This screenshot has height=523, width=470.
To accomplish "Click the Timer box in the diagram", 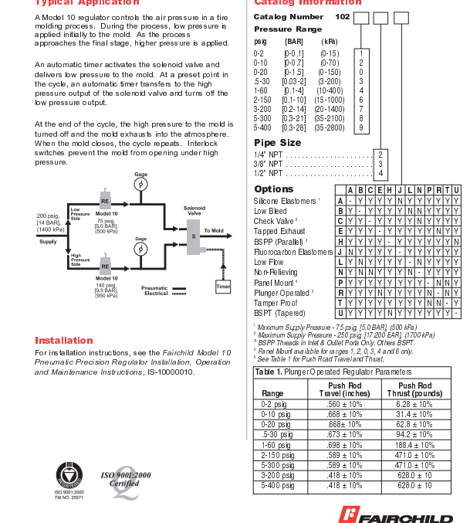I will [223, 286].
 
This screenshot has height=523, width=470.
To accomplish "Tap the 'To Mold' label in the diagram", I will [214, 231].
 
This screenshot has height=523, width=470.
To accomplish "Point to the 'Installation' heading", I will [64, 340].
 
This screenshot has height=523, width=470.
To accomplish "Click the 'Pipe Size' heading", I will [277, 143].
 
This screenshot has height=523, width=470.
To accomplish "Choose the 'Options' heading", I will [273, 189].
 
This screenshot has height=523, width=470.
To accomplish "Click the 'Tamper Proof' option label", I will [276, 303].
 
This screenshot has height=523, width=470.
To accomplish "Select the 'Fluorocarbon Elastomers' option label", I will [293, 252].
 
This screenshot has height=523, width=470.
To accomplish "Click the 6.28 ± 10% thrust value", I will [414, 404].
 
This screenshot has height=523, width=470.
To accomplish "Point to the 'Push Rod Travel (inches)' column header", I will [344, 389].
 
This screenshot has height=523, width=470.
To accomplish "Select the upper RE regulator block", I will [105, 201].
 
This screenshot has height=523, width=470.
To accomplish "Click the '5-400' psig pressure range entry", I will [263, 127].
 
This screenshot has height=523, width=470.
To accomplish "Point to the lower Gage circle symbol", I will [140, 250].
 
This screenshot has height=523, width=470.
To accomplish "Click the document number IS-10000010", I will [171, 372].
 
